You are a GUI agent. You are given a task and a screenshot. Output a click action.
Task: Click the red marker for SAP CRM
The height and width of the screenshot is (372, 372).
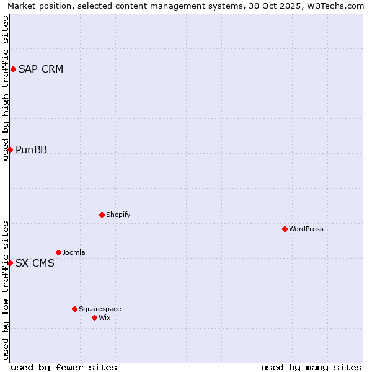point(13,69)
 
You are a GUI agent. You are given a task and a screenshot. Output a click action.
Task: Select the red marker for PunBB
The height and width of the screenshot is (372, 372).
point(10,149)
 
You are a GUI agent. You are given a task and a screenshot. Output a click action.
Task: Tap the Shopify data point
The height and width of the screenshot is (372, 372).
point(102,215)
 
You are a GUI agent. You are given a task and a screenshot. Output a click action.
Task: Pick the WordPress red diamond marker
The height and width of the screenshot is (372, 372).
point(285,229)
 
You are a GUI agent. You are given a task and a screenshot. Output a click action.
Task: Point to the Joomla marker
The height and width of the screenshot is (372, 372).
point(58,252)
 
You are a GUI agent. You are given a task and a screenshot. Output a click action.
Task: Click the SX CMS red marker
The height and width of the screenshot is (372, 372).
point(10,263)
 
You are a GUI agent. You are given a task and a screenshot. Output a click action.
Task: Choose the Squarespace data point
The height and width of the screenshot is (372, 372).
point(74,309)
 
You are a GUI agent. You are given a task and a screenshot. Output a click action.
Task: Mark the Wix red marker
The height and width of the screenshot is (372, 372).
point(94,317)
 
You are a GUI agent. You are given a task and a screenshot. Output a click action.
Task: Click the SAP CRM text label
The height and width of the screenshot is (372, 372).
point(41,69)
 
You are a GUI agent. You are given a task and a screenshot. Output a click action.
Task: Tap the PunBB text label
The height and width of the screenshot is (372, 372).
point(32,149)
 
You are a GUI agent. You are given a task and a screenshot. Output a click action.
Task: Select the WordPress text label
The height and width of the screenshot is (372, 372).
point(306,229)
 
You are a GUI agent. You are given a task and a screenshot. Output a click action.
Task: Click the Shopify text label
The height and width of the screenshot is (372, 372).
point(118,215)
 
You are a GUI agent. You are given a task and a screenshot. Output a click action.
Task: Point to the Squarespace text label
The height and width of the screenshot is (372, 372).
point(100,309)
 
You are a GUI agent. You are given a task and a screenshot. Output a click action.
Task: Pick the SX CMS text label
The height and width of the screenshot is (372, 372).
point(35,263)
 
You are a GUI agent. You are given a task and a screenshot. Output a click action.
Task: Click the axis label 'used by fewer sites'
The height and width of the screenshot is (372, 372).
point(64,367)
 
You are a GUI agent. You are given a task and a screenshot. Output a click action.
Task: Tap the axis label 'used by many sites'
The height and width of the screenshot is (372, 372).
point(311,367)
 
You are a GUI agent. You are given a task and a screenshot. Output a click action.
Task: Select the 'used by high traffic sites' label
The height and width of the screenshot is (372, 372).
point(6,88)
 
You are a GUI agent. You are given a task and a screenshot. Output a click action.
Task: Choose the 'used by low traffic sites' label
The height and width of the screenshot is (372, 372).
point(6,290)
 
